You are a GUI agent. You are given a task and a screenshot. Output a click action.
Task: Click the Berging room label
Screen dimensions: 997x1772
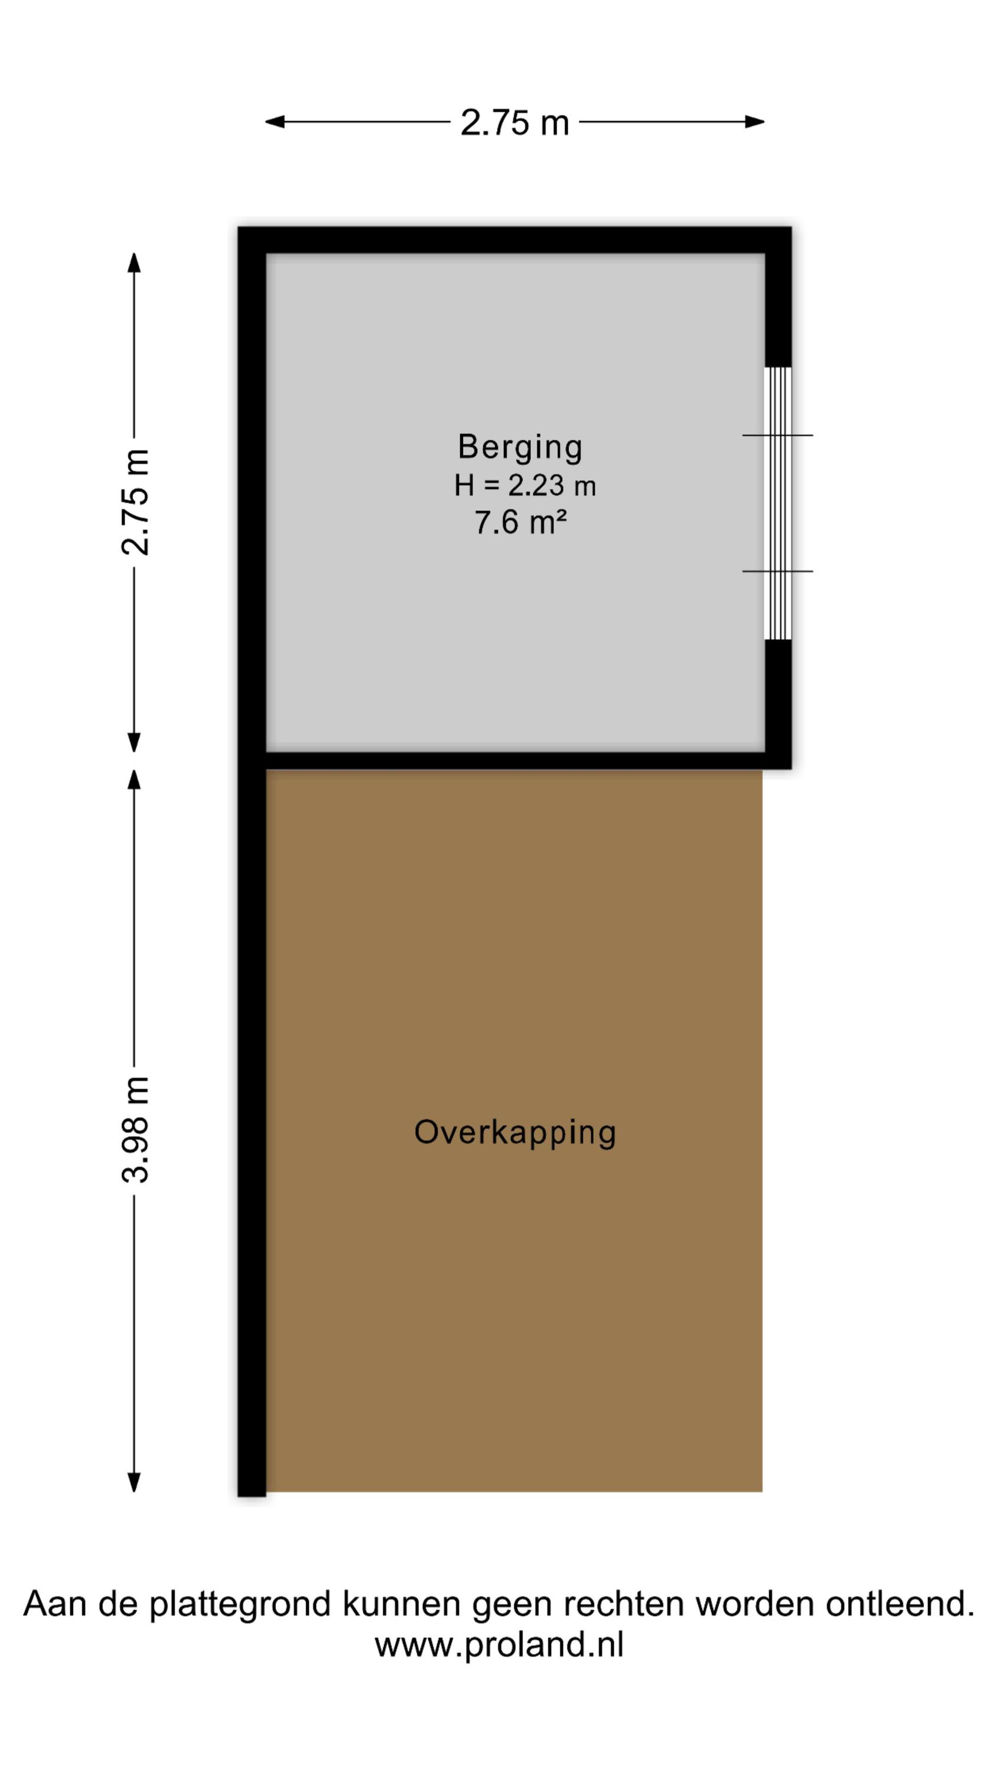coord(520,448)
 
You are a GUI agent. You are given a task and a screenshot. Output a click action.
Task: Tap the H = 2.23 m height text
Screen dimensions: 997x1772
coord(524,486)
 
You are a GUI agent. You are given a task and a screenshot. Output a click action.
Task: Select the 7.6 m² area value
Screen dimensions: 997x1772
coord(520,522)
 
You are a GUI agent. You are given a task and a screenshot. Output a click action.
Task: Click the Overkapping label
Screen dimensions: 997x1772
coord(514,1133)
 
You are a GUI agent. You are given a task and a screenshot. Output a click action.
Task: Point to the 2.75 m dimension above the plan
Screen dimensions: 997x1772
coord(514,122)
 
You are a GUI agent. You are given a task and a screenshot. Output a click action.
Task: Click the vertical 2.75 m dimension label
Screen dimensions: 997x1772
coord(135,502)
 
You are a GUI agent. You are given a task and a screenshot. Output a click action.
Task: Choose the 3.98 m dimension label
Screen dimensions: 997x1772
coord(135,1129)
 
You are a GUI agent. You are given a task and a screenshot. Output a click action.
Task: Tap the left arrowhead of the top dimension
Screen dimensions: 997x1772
coord(275,122)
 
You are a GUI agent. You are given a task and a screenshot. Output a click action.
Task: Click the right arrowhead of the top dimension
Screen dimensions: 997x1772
coord(755,122)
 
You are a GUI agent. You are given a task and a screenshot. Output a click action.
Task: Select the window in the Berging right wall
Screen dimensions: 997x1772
coord(778,503)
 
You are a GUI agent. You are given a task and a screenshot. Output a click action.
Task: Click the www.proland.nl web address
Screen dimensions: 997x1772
coord(499,1645)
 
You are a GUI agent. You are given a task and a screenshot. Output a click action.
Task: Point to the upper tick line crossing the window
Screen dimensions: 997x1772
coord(777,435)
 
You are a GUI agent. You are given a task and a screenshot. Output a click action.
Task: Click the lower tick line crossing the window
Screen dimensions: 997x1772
coord(777,572)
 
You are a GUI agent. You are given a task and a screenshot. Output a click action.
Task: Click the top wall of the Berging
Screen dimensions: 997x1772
coord(514,240)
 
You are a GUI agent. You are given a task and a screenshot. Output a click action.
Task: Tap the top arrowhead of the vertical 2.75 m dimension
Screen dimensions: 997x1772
coord(134,262)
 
